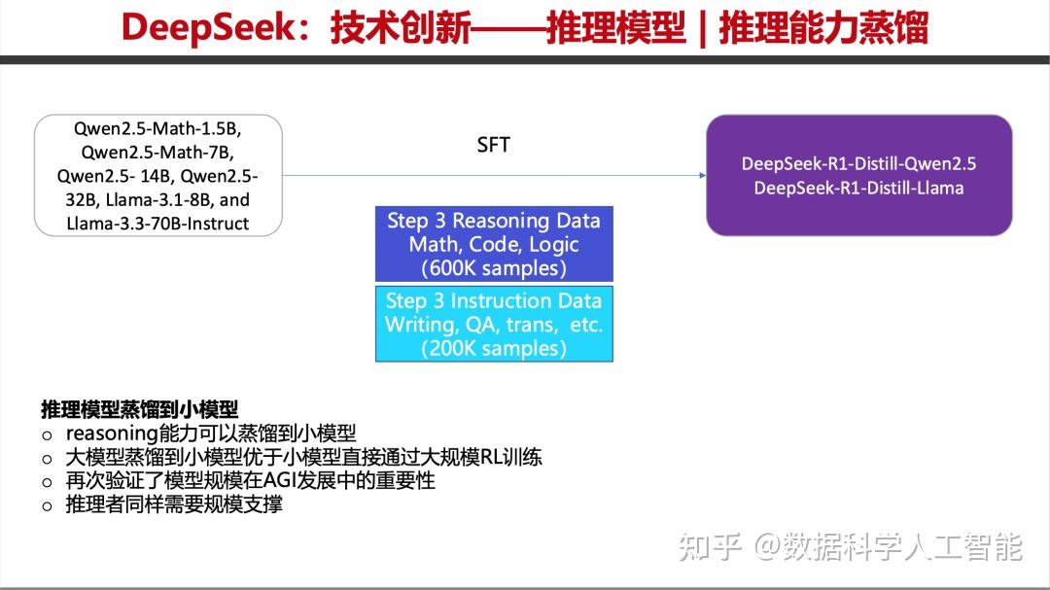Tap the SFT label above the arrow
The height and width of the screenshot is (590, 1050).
click(493, 146)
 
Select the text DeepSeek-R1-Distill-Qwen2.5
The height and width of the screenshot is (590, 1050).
click(858, 163)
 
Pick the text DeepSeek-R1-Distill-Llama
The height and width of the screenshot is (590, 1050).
click(858, 188)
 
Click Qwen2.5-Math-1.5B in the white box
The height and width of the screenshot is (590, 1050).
click(157, 129)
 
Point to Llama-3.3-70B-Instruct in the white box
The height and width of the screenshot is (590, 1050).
click(157, 224)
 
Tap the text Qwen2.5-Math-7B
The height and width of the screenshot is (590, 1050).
click(157, 153)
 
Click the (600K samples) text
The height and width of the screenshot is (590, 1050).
click(493, 268)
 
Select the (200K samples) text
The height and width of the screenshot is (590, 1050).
click(493, 348)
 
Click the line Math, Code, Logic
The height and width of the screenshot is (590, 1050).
click(493, 244)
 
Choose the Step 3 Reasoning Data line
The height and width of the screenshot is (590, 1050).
click(493, 221)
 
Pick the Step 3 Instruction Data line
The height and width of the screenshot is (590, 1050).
click(493, 300)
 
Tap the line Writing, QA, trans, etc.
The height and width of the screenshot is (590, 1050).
click(493, 325)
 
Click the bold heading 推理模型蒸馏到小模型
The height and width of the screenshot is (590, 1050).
click(139, 409)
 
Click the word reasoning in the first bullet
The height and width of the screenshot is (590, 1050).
click(111, 434)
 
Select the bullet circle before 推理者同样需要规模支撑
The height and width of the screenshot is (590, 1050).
click(47, 505)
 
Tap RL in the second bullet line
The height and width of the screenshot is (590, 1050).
click(489, 457)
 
